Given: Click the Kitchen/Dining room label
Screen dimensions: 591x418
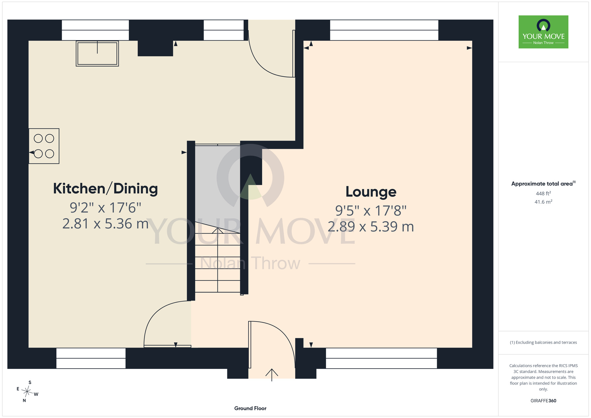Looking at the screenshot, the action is pyautogui.click(x=105, y=189).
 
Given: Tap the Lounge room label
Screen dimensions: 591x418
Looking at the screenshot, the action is pyautogui.click(x=371, y=192).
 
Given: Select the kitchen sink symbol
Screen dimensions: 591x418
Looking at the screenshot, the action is pyautogui.click(x=97, y=54).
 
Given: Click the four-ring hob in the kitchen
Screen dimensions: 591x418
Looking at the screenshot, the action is pyautogui.click(x=44, y=146).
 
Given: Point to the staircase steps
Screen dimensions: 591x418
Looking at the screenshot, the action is pyautogui.click(x=217, y=260).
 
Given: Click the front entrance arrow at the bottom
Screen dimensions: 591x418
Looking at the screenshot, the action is pyautogui.click(x=272, y=375).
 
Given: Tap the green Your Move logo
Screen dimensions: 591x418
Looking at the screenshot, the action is pyautogui.click(x=543, y=32).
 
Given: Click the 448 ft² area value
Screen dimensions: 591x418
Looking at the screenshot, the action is pyautogui.click(x=543, y=193).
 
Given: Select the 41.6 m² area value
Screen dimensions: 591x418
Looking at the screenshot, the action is pyautogui.click(x=543, y=202).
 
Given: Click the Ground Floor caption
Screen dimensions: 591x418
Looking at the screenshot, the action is pyautogui.click(x=250, y=408).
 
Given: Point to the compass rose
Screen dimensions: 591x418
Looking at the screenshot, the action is pyautogui.click(x=27, y=392).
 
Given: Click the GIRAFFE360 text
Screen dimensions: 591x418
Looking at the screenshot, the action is pyautogui.click(x=543, y=401).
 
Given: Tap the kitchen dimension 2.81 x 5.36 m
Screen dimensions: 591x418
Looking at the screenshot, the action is pyautogui.click(x=105, y=224).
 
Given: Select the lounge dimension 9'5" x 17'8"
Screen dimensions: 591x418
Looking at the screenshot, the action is pyautogui.click(x=371, y=211).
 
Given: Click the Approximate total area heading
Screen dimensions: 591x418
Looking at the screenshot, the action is pyautogui.click(x=543, y=184).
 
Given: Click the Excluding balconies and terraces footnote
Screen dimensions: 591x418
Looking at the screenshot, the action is pyautogui.click(x=543, y=342).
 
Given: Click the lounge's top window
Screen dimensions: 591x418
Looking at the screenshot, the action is pyautogui.click(x=384, y=30).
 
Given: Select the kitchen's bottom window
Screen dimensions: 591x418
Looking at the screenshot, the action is pyautogui.click(x=91, y=358).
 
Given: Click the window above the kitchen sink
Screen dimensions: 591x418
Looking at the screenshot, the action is pyautogui.click(x=95, y=30).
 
